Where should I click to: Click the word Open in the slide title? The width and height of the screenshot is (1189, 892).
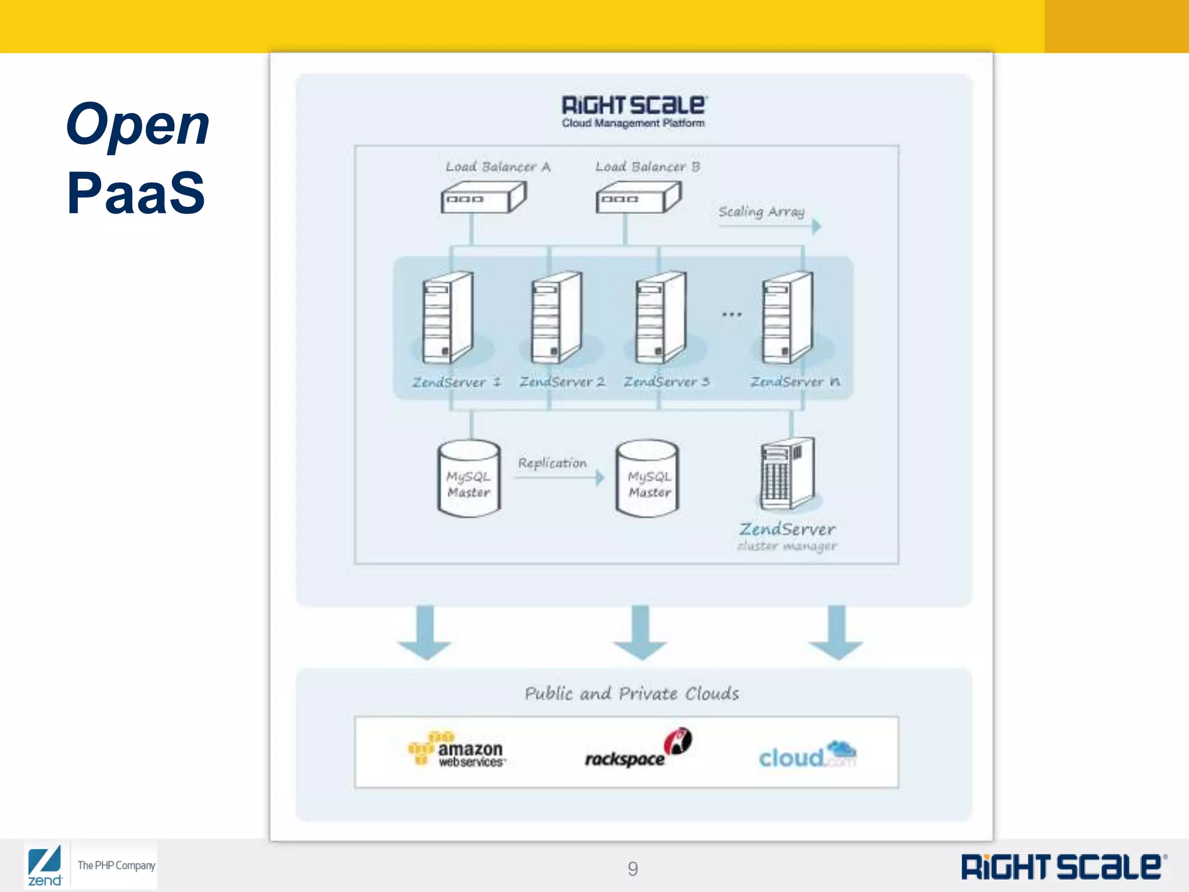pyautogui.click(x=138, y=125)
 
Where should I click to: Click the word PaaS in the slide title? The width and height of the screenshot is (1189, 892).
pyautogui.click(x=136, y=193)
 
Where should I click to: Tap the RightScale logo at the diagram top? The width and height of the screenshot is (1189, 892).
pyautogui.click(x=633, y=110)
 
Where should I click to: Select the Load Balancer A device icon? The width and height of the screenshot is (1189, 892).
pyautogui.click(x=483, y=197)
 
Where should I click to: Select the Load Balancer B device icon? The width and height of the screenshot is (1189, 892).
pyautogui.click(x=638, y=197)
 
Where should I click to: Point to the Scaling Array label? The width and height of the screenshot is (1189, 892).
pyautogui.click(x=761, y=211)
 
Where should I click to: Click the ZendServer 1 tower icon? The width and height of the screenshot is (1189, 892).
pyautogui.click(x=448, y=318)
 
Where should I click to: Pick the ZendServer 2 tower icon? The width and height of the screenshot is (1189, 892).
pyautogui.click(x=556, y=318)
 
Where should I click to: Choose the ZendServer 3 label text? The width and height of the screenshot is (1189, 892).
pyautogui.click(x=666, y=382)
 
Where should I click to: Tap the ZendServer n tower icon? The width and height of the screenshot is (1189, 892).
pyautogui.click(x=787, y=318)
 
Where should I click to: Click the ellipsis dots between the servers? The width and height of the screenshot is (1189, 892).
pyautogui.click(x=732, y=314)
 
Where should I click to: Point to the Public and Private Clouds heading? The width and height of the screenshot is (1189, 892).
pyautogui.click(x=632, y=693)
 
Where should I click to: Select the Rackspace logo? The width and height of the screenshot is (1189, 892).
pyautogui.click(x=637, y=750)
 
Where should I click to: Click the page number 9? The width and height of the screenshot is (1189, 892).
pyautogui.click(x=633, y=868)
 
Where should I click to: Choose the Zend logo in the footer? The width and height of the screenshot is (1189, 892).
pyautogui.click(x=45, y=866)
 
